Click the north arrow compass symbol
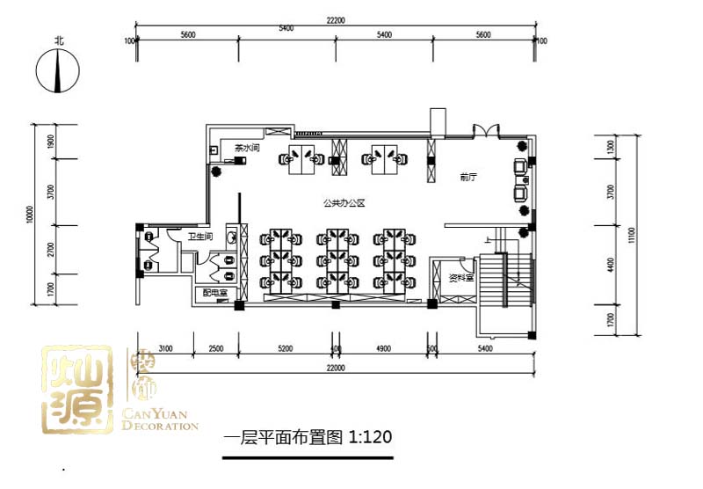click(58, 70)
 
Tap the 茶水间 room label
click(247, 149)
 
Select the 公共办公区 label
click(344, 203)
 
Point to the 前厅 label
click(467, 177)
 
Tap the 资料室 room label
click(461, 278)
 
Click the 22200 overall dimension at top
click(335, 20)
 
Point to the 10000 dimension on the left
click(30, 215)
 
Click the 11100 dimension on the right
click(632, 237)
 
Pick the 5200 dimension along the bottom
click(285, 349)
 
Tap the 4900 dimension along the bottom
click(383, 349)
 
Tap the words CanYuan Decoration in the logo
click(164, 420)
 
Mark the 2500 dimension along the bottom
click(216, 349)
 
